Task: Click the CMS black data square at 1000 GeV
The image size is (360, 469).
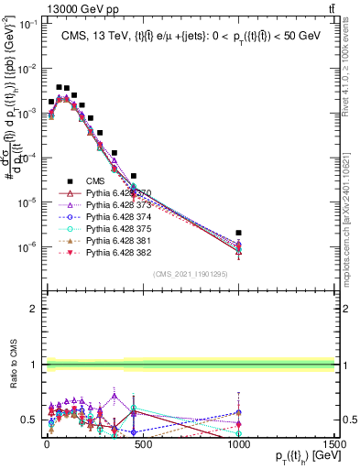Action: pyautogui.click(x=238, y=233)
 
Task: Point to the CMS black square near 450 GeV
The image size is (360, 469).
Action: pyautogui.click(x=134, y=175)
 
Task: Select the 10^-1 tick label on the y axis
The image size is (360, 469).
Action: pyautogui.click(x=27, y=24)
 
